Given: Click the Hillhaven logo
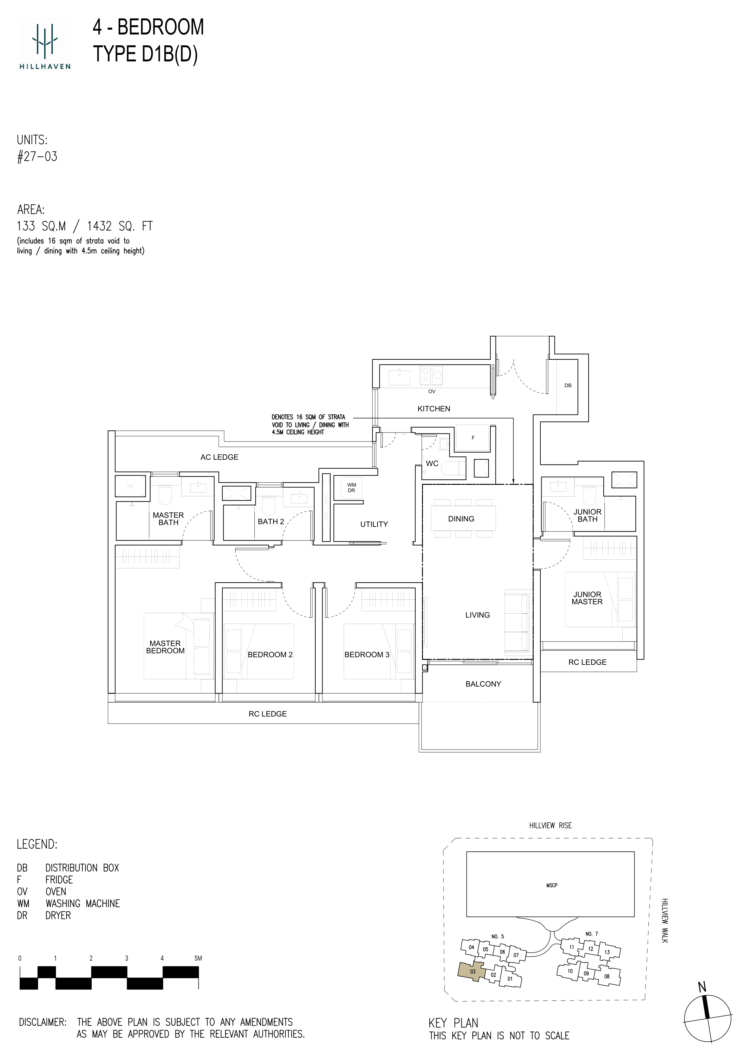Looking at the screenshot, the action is (x=45, y=45).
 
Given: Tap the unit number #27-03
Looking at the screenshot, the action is (x=37, y=156).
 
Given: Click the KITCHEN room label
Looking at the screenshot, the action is (x=434, y=409).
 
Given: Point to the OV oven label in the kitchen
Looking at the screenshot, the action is (x=432, y=391).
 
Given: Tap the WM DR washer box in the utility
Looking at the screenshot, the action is (x=351, y=488).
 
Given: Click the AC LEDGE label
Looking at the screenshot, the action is (x=219, y=457).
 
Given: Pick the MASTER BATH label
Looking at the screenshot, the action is (x=168, y=518).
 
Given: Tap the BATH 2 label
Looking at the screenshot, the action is (x=271, y=521).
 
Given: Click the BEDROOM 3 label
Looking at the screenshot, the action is (x=367, y=654).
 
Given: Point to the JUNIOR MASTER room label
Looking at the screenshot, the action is (x=587, y=598).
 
